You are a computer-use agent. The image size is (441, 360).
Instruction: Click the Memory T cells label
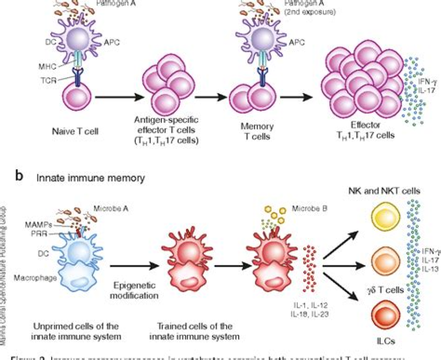pos(257,131)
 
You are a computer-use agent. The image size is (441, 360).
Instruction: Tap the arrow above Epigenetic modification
pos(133,266)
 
